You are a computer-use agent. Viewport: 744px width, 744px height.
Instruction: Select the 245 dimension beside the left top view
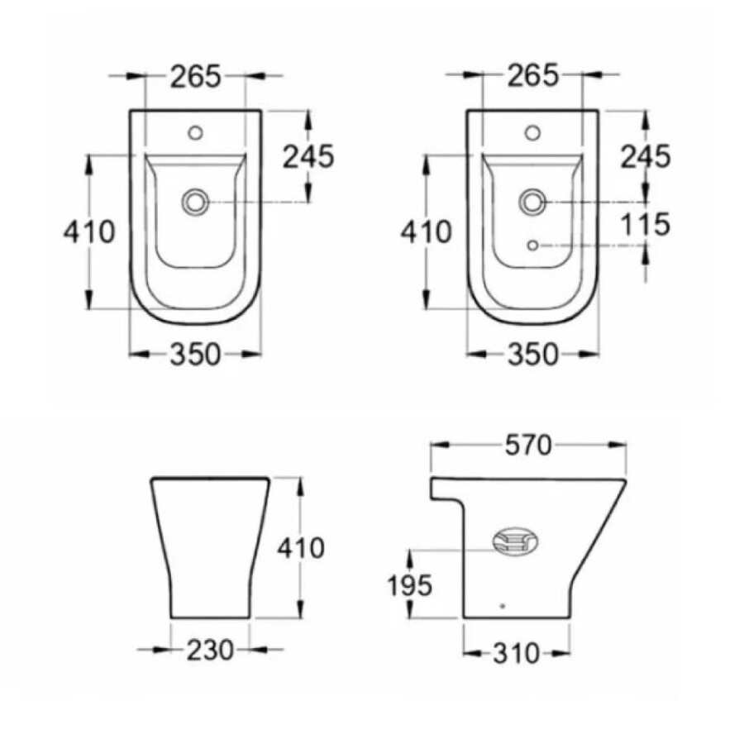point(308,156)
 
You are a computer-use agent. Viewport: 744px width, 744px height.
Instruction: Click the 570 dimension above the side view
point(527,446)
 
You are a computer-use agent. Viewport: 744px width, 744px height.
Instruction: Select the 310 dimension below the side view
point(517,654)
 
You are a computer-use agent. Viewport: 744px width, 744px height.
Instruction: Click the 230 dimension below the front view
point(210,651)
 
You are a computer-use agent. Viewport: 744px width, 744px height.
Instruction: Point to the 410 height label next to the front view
point(301,547)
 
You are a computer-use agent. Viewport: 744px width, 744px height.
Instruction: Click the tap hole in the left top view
point(197,131)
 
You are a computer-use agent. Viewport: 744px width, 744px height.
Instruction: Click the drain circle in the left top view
point(197,200)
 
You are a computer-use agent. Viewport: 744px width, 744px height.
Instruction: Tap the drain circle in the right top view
point(532,200)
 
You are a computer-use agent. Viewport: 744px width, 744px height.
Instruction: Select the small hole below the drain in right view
point(532,245)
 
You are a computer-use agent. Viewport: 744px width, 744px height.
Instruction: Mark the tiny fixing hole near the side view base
point(502,606)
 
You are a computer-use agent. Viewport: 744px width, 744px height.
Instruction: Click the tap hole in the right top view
point(532,131)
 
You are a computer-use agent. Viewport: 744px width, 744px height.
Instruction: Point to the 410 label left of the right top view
point(426,232)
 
